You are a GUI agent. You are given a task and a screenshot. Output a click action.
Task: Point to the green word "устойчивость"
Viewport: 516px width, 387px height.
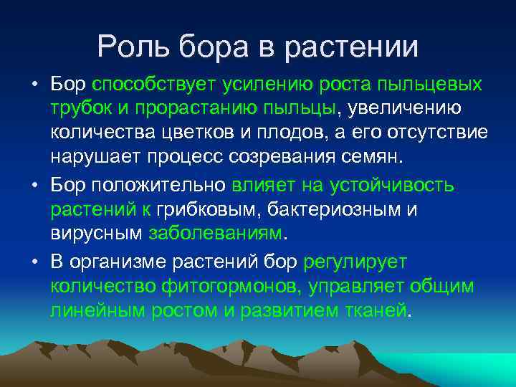click(391, 185)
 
